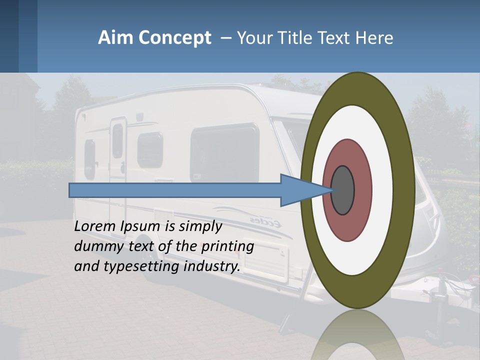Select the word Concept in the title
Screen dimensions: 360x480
174,38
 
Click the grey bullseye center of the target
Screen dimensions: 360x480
343,190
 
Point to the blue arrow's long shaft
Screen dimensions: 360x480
175,190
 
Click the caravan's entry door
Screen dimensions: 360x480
118,150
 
